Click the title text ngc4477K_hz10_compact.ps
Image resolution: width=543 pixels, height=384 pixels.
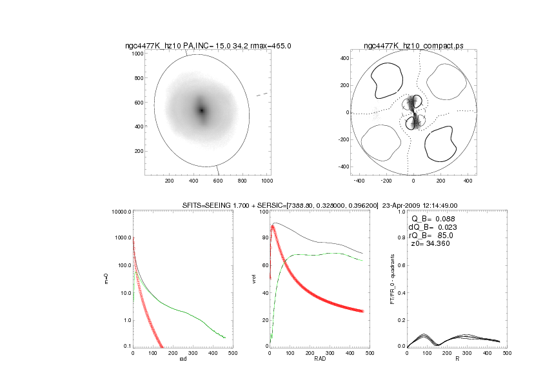(x=413, y=46)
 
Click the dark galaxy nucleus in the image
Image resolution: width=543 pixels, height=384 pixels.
(x=201, y=110)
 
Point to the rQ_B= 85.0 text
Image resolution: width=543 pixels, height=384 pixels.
(x=431, y=235)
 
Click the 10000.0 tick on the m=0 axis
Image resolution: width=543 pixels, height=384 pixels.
(x=118, y=212)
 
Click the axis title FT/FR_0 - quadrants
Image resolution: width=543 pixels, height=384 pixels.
(x=393, y=278)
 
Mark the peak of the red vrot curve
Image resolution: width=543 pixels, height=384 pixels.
(x=273, y=226)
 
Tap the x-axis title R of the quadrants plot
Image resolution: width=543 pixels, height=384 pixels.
(x=457, y=359)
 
